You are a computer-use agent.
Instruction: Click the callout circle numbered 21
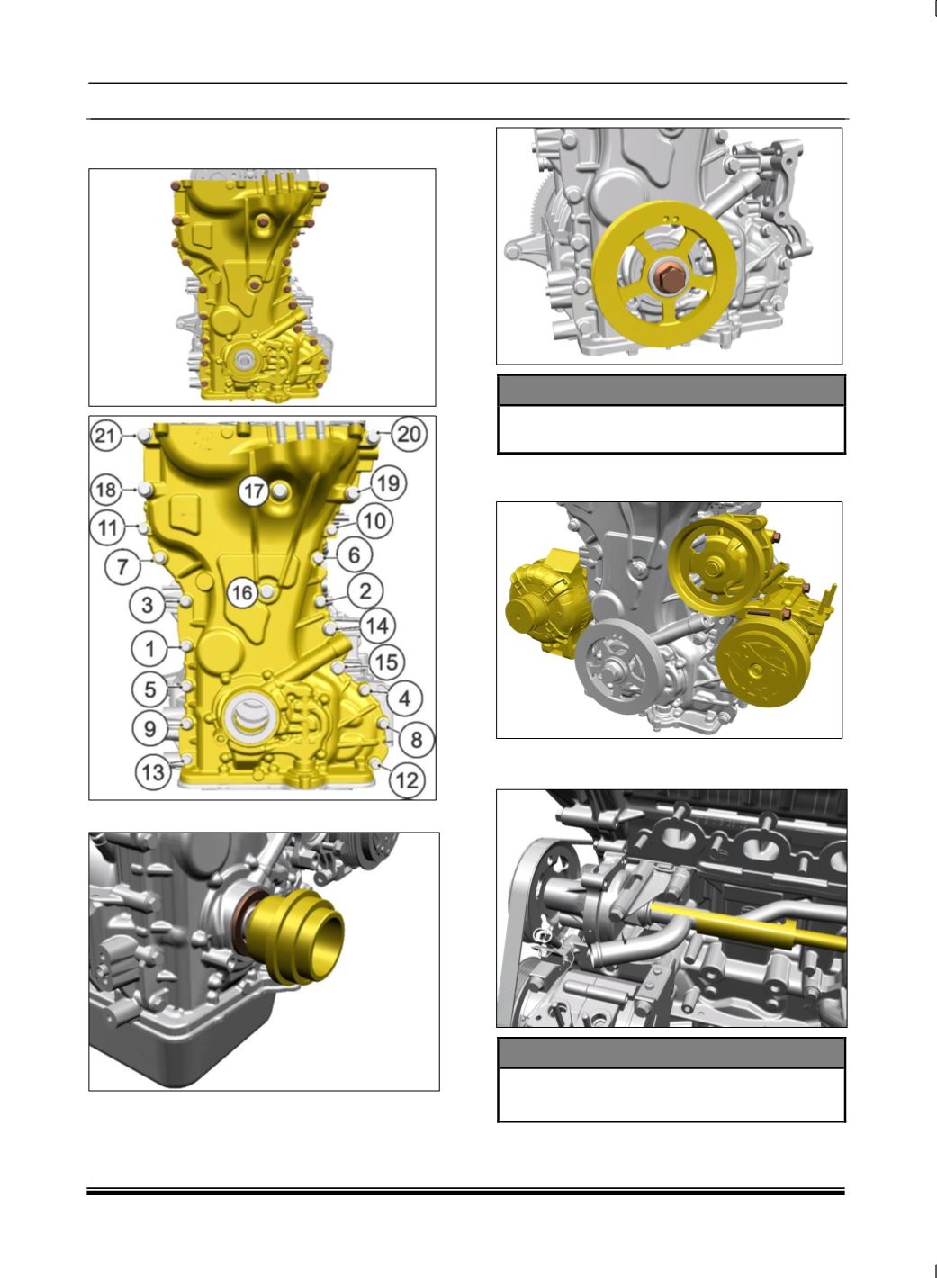click(105, 436)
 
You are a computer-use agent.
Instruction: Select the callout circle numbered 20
click(410, 435)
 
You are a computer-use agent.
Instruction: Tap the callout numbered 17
click(254, 490)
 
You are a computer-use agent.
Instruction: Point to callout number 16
click(242, 592)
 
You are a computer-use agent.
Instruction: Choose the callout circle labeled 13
click(152, 772)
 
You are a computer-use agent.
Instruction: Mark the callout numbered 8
click(417, 740)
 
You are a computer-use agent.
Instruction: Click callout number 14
click(377, 625)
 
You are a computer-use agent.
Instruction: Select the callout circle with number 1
click(149, 649)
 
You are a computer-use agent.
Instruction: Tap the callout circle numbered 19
click(389, 484)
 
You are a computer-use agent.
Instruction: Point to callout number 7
click(122, 566)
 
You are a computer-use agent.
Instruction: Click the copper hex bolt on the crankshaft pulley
click(667, 279)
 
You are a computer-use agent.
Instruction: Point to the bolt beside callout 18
click(144, 489)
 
